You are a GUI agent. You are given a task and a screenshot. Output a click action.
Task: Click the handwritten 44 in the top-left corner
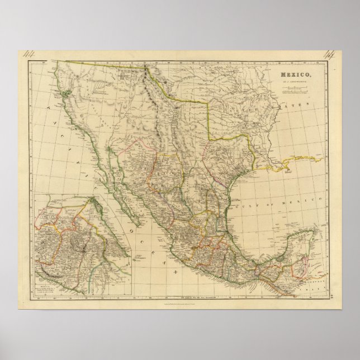[28, 54]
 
